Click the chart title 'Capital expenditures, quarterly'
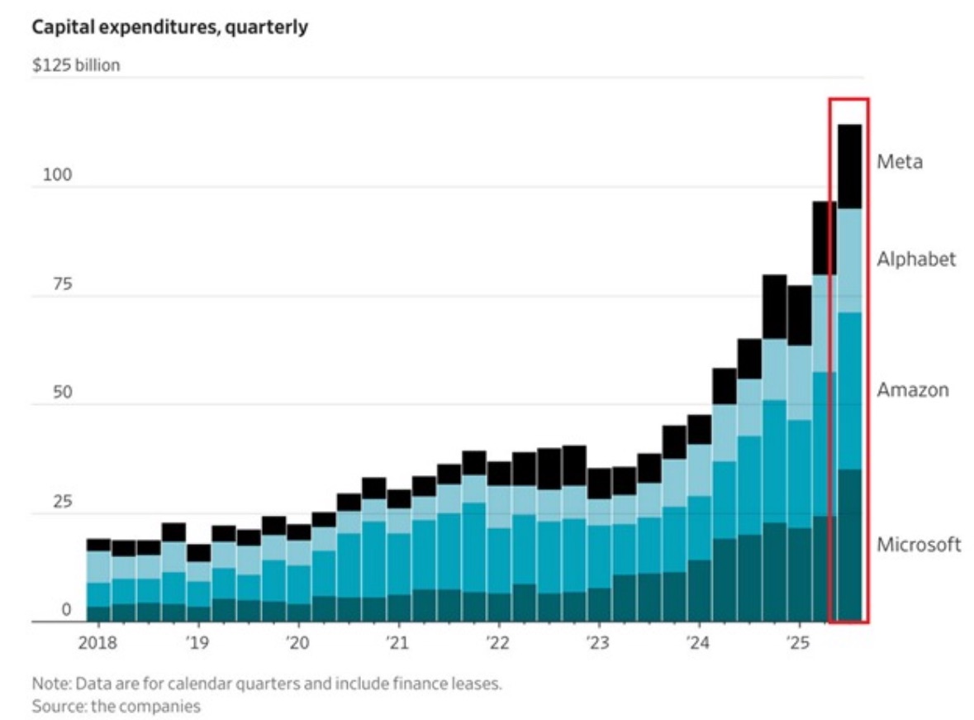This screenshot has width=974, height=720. click(x=169, y=27)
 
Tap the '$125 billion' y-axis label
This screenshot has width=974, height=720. click(x=76, y=65)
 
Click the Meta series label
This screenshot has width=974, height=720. click(x=900, y=162)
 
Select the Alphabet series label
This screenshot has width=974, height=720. click(x=916, y=260)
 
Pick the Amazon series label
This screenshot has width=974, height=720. click(x=913, y=390)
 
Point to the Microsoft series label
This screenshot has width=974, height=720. click(x=919, y=545)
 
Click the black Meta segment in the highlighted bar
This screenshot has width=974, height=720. click(x=850, y=166)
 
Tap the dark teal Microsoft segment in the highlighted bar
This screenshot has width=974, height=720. click(x=850, y=546)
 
